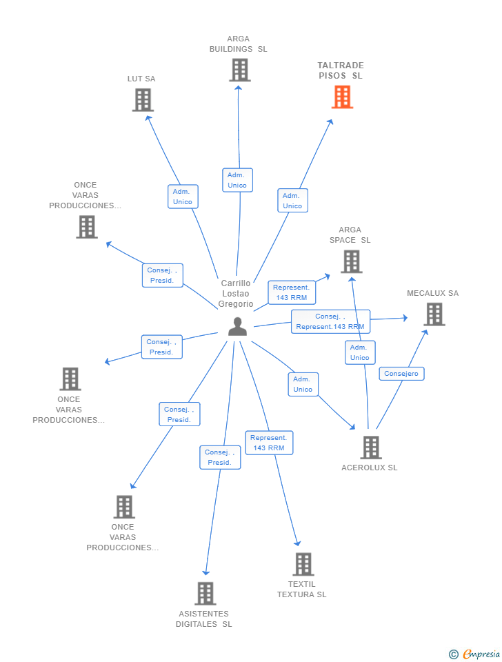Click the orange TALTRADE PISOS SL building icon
342,97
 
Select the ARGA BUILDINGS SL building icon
240,70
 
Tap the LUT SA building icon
143,100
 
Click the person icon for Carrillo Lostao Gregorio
237,326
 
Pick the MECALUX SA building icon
434,314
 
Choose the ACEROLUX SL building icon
371,447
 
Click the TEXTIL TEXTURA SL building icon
303,564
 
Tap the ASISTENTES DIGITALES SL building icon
205,593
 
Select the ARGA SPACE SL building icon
351,262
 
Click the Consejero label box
401,374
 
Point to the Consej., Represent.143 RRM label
330,322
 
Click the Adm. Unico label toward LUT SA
183,197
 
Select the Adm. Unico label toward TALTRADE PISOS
292,201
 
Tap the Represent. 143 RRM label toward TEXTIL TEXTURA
269,443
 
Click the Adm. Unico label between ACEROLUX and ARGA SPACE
360,352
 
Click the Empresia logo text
481,654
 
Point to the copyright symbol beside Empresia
454,654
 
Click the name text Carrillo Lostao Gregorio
236,294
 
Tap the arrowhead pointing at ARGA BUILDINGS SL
238,88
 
